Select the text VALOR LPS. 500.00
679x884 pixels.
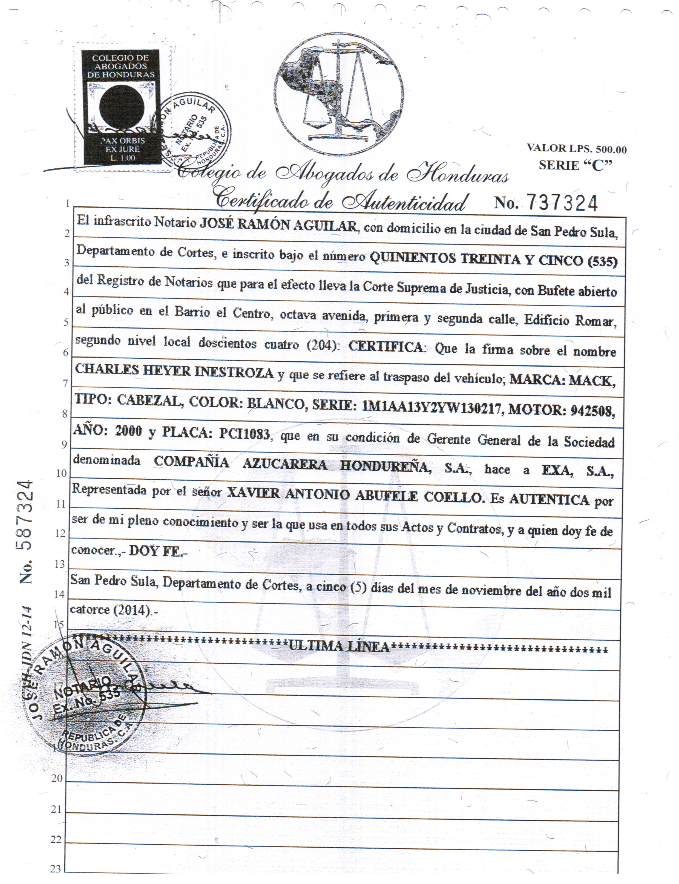tap(577, 149)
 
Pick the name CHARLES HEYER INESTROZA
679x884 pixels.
tap(175, 372)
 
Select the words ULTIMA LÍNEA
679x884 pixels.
tap(339, 647)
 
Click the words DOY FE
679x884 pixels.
tap(156, 552)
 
